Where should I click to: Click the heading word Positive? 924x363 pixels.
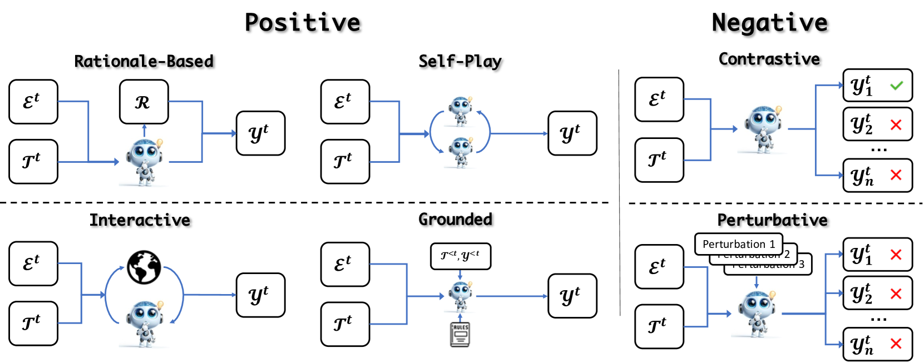click(x=303, y=23)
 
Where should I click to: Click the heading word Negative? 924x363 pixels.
click(x=769, y=23)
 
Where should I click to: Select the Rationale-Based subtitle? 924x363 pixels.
click(x=144, y=61)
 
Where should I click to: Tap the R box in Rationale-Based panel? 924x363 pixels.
click(x=144, y=102)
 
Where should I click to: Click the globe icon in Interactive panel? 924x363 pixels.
click(x=144, y=267)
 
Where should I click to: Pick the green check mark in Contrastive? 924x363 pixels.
click(x=896, y=86)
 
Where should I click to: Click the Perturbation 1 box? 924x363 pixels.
click(x=738, y=244)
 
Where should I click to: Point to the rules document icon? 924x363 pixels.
click(x=460, y=334)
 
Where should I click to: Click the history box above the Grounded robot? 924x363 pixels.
click(x=460, y=256)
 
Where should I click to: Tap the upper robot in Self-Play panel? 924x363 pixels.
click(x=461, y=111)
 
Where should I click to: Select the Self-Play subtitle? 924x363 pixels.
click(x=460, y=61)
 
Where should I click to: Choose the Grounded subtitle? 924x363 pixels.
click(x=455, y=220)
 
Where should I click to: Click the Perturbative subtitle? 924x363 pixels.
click(x=772, y=220)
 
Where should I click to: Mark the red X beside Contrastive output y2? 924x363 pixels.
click(x=896, y=125)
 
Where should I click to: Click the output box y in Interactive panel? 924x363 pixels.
click(x=260, y=295)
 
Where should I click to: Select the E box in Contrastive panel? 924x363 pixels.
click(x=659, y=100)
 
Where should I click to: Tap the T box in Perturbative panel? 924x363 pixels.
click(x=659, y=326)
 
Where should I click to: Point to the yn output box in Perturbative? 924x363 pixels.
click(x=877, y=344)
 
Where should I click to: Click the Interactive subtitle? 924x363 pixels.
click(x=140, y=220)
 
